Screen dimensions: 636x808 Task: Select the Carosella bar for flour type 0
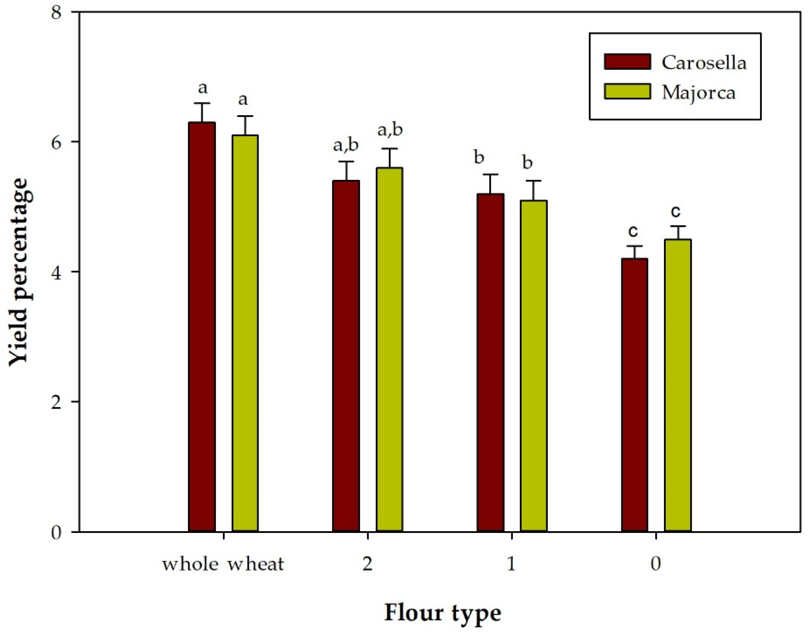pos(635,394)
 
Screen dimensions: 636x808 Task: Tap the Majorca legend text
pos(699,92)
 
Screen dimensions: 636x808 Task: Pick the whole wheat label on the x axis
pos(223,564)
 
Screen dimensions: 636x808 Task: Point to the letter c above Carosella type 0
pos(633,231)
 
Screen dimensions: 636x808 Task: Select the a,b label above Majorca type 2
pos(390,130)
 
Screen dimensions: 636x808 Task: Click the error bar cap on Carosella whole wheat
pos(202,103)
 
